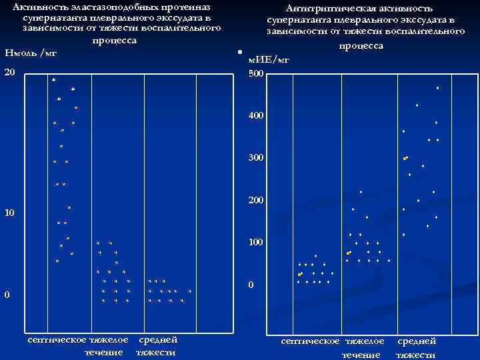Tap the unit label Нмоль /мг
[x=31, y=53]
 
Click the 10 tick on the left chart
[x=9, y=213]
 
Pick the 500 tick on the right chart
[x=256, y=73]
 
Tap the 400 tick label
[x=256, y=116]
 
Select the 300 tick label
[x=256, y=158]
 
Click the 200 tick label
[x=256, y=200]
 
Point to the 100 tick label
[x=256, y=242]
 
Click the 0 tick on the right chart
[x=251, y=285]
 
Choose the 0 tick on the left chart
[x=7, y=295]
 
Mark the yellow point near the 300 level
[x=404, y=159]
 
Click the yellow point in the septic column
[x=299, y=274]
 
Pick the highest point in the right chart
[x=437, y=88]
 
